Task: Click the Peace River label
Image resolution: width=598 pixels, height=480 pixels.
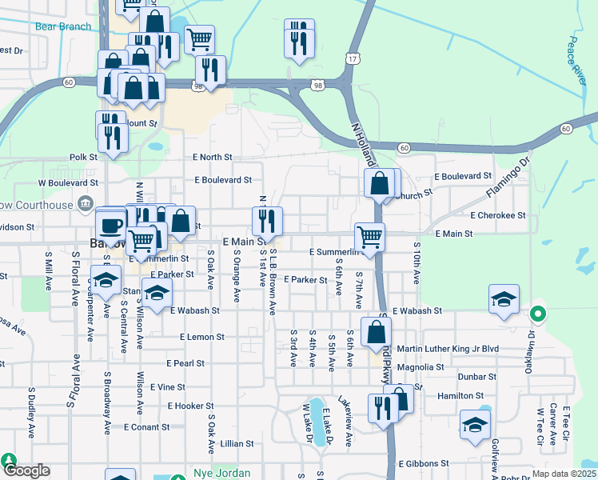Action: point(580,60)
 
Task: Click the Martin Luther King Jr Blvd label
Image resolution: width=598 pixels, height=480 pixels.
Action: point(459,349)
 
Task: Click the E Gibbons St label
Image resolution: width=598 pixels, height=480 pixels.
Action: point(422,463)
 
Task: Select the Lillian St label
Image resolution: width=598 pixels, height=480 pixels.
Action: point(237,443)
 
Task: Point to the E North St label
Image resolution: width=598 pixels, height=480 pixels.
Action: point(212,158)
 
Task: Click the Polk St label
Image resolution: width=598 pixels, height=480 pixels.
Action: point(83,158)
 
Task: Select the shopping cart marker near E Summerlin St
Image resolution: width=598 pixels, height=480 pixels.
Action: point(369,238)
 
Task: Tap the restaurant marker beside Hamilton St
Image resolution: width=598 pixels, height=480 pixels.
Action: point(383,407)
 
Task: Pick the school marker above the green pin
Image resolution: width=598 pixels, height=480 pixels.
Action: point(504,300)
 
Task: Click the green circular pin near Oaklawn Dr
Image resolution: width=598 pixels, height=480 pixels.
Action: point(538,314)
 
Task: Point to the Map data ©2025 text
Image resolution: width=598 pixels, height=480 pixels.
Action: point(564,474)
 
